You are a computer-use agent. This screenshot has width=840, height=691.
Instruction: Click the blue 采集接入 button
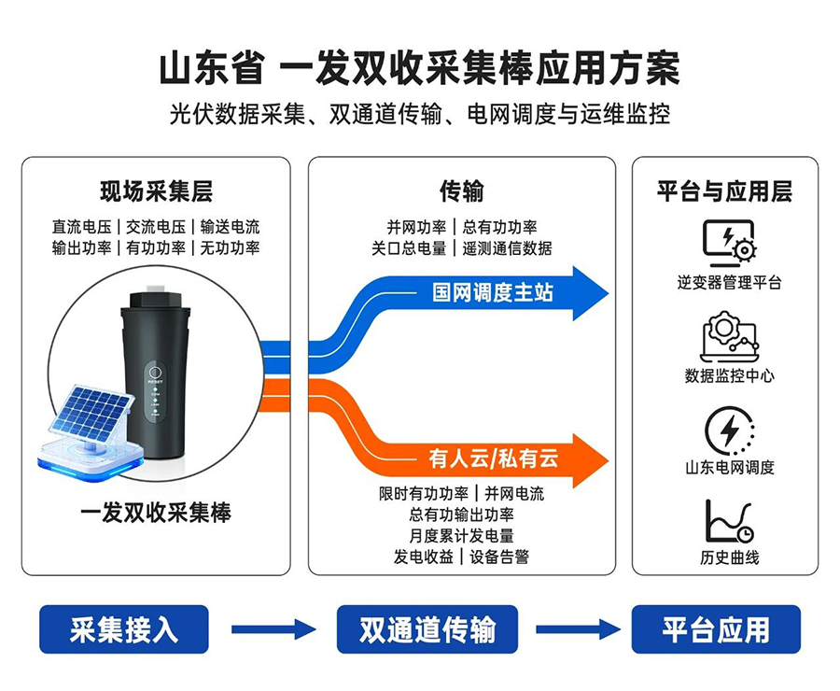point(124,628)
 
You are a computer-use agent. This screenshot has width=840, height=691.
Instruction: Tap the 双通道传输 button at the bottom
point(427,628)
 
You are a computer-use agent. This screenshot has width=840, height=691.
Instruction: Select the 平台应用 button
point(716,628)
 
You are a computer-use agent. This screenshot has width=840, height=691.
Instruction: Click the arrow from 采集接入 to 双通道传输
point(273,629)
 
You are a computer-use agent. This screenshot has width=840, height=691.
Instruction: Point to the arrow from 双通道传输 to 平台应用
point(578,629)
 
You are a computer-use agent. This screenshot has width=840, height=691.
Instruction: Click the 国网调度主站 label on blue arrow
point(492,292)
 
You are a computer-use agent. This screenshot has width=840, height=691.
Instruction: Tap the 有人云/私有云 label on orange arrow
point(493,458)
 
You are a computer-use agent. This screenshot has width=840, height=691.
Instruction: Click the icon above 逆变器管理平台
point(729,244)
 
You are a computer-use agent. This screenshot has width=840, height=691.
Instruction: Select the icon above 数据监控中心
point(729,337)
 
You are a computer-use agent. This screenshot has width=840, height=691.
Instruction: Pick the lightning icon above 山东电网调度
point(729,430)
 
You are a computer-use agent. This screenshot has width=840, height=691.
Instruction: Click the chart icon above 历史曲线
point(729,522)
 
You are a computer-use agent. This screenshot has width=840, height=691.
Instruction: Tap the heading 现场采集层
point(156,191)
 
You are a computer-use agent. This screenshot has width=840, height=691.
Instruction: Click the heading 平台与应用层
point(725,191)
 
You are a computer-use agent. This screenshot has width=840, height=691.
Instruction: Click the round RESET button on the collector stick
point(155,372)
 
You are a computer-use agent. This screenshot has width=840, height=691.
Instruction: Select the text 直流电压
point(82,227)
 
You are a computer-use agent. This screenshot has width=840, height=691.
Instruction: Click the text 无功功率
point(230,247)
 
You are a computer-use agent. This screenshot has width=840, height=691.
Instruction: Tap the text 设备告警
point(499,557)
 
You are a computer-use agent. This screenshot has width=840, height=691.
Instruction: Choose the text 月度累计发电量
point(461,536)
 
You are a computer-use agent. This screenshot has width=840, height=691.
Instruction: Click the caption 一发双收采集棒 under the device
point(155,513)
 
